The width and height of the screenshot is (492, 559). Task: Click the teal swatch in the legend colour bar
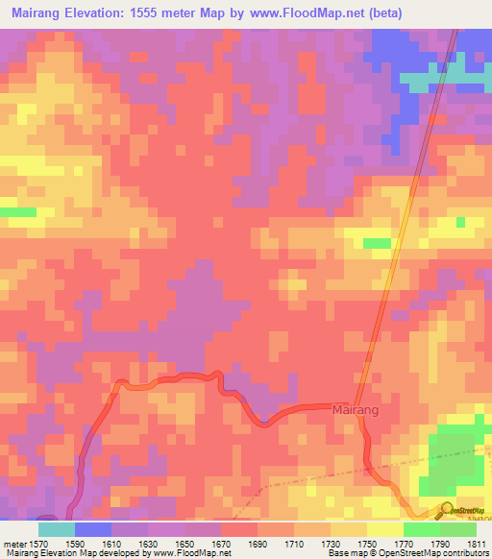(56, 529)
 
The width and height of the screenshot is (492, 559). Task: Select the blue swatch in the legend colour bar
(92, 529)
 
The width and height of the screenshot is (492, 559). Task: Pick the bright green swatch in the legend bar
(421, 529)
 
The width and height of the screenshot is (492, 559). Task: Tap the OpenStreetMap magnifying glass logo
(447, 510)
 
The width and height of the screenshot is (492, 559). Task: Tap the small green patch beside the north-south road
(378, 243)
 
